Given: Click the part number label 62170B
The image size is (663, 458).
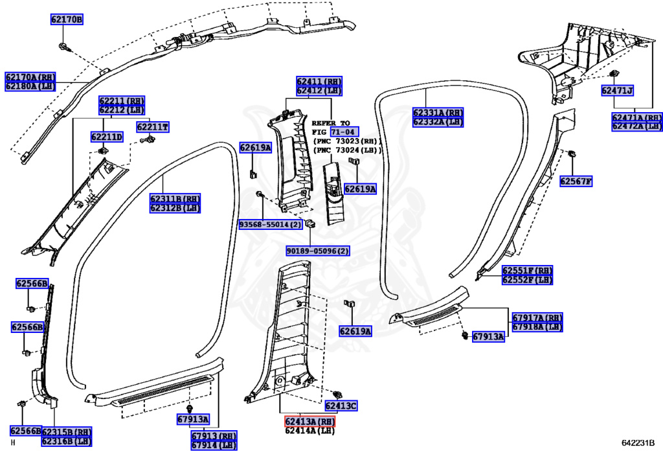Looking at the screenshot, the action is [67, 19].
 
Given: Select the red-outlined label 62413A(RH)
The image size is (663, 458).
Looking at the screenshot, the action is [310, 422].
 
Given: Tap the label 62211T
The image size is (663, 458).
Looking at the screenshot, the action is [152, 127].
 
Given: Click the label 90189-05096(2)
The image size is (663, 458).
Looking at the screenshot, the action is [318, 251].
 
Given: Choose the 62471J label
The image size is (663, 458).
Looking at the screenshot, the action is [616, 91].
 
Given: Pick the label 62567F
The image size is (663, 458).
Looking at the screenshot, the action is [576, 181].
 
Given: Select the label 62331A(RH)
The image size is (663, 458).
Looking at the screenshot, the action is [438, 113].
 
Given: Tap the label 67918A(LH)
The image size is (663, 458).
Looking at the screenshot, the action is [537, 327].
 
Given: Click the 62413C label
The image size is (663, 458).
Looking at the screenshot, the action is [341, 406].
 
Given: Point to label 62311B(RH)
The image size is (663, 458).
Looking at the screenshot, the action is [175, 199].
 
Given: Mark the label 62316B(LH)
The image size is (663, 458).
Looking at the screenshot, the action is [67, 441].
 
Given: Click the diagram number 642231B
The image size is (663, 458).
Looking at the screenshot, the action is [638, 443].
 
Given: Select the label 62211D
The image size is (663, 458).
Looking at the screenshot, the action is [106, 137].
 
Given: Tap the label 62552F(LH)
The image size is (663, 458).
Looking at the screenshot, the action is [527, 280].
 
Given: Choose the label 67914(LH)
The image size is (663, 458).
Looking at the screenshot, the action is [214, 445].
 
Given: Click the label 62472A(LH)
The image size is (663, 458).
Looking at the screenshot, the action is [637, 126].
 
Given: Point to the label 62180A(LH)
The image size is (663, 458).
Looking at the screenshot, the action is [30, 86].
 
